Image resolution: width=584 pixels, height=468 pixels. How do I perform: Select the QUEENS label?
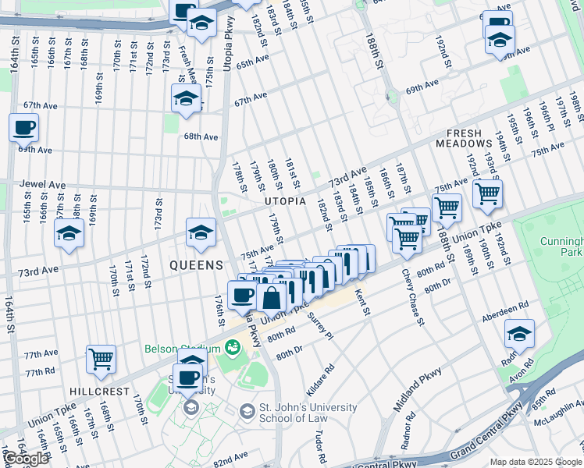click(x=198, y=265)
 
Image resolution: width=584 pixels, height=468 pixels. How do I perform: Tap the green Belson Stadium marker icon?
click(x=231, y=347)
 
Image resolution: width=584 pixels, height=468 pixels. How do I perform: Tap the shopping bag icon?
click(x=271, y=298)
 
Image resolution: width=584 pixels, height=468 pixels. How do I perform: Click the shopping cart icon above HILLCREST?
click(x=101, y=359)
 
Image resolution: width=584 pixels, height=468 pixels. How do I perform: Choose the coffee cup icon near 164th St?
click(x=23, y=127)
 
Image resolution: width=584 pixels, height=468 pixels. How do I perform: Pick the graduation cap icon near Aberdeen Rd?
click(x=519, y=333)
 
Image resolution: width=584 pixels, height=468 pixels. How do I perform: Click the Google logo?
click(x=27, y=459)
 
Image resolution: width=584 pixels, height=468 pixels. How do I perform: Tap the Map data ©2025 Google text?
click(x=536, y=462)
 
